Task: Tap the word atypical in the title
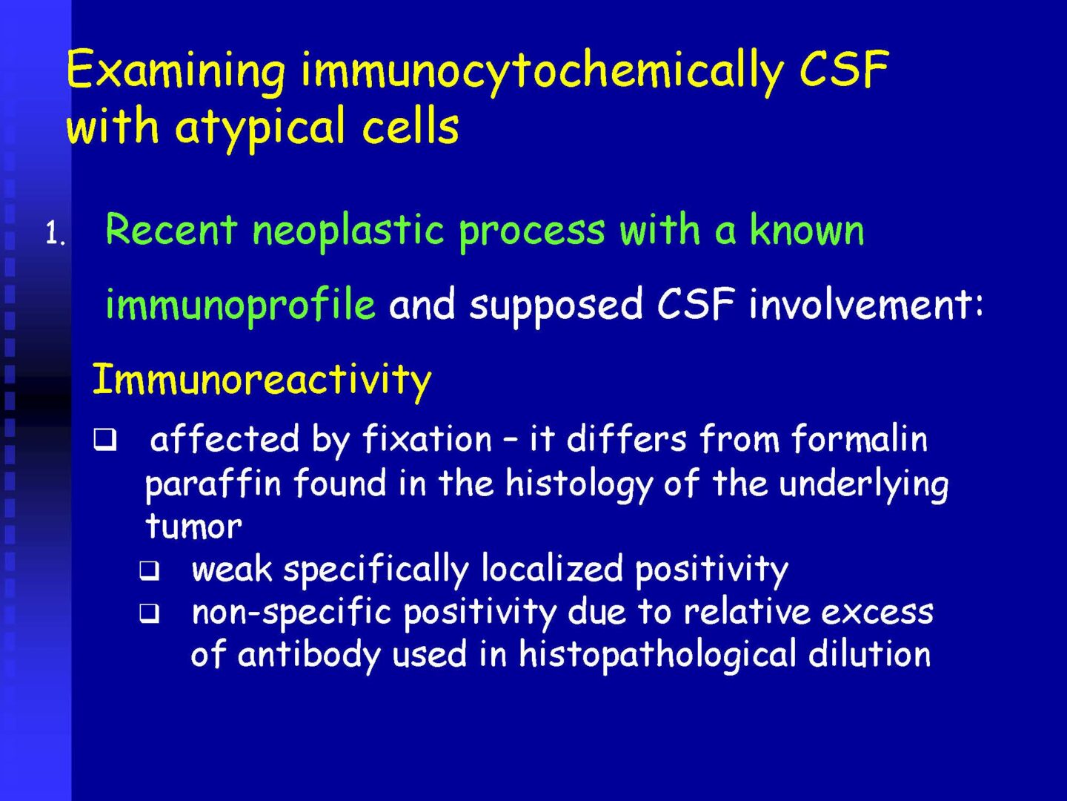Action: point(261,128)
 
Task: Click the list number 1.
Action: point(55,234)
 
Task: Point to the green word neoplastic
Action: point(348,231)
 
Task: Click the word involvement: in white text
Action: point(866,303)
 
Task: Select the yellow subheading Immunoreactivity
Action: point(262,380)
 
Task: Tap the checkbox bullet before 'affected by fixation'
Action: point(105,439)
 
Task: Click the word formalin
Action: point(860,438)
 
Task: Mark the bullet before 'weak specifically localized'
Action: point(149,570)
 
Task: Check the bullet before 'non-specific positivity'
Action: point(149,613)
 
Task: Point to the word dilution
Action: point(869,653)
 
